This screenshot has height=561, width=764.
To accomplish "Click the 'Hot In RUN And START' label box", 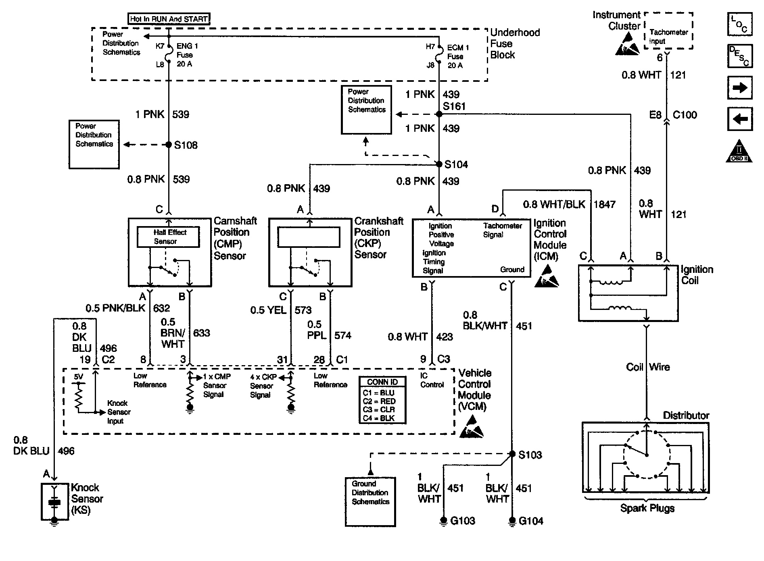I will point(169,19).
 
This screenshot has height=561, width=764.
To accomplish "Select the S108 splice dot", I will point(169,145).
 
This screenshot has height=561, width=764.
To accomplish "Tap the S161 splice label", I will point(454,106).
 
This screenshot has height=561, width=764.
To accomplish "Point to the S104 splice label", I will point(456,164).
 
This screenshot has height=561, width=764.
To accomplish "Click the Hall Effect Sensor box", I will point(168,237).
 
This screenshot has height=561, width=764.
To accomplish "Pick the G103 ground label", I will point(462,521).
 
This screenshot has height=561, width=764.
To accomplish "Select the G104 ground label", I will point(531,521).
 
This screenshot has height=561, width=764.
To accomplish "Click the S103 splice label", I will point(530,455).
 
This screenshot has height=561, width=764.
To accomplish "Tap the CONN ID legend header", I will point(382,382).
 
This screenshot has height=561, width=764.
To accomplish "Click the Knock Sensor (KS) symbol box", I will point(54,502).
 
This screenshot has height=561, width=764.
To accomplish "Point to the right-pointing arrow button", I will point(740,87).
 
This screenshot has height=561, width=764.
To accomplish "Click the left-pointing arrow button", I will point(740,119).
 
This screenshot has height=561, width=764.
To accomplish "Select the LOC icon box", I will point(740,24).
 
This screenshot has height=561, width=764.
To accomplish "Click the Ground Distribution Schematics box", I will point(370,502).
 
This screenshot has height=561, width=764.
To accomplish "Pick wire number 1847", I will point(604,204).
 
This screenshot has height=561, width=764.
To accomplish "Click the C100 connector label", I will point(685,115).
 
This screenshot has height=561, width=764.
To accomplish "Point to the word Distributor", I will point(686,416).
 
